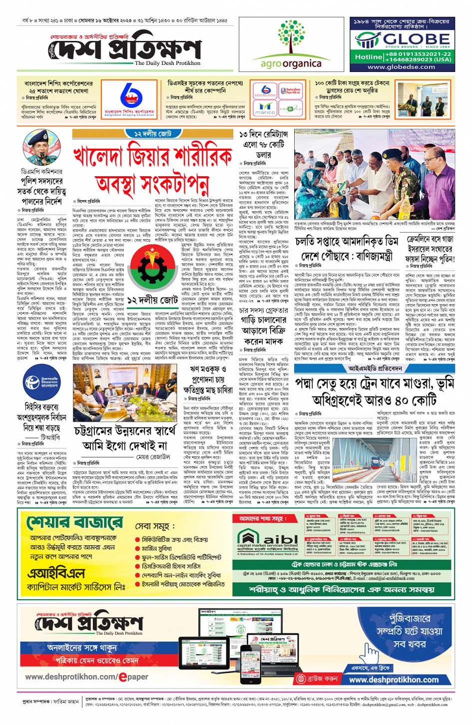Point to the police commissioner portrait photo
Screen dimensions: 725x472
coord(41,147)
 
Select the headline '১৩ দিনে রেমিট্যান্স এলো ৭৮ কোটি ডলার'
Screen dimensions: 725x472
coord(264,145)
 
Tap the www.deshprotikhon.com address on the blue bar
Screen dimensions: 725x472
coord(394,680)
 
